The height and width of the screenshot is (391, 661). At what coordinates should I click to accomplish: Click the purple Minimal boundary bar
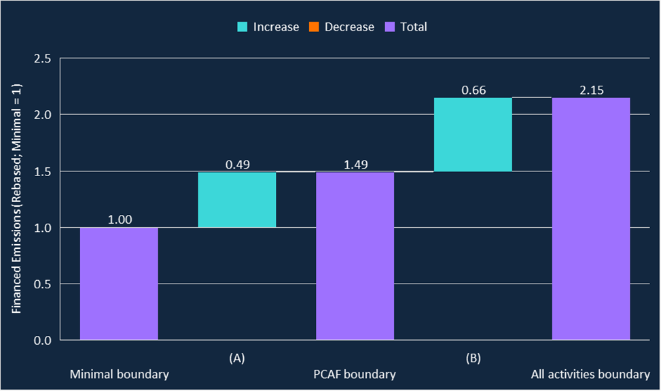(119, 284)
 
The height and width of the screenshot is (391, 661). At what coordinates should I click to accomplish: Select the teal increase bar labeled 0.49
(237, 199)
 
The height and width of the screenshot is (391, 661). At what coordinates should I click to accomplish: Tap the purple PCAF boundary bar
(355, 256)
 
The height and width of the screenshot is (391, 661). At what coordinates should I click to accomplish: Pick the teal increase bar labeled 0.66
(473, 134)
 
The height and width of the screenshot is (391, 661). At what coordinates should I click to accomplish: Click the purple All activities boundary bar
(591, 218)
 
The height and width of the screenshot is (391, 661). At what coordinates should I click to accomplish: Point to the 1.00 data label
(119, 220)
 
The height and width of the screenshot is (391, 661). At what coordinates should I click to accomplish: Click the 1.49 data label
(355, 164)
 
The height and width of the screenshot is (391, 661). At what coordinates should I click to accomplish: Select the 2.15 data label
(591, 90)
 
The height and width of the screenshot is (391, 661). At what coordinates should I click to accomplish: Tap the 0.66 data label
(473, 90)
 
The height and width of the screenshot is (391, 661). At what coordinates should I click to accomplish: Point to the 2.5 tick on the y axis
(42, 59)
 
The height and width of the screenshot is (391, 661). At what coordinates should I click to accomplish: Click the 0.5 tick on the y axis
(42, 284)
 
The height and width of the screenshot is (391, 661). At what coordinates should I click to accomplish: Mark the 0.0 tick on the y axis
(42, 340)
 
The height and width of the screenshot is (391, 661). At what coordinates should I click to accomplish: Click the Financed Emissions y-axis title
(17, 199)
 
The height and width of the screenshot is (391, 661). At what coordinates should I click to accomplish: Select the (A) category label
(237, 358)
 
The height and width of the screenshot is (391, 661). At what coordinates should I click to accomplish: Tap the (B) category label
(473, 358)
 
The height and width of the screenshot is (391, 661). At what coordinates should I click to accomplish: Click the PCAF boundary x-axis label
(355, 375)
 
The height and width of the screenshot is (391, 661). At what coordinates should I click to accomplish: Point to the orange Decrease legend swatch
(315, 27)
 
